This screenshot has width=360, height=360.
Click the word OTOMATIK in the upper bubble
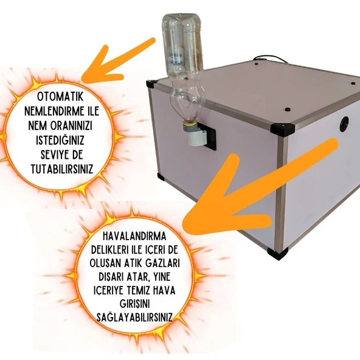pos(60,97)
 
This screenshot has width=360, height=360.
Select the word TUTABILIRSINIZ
pos(62,169)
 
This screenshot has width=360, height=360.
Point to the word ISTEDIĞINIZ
pos(60,140)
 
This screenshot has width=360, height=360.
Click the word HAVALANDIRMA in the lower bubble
pos(134,237)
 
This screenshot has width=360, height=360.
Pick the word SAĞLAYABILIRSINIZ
pos(134,317)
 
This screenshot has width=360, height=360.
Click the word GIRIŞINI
pos(134,304)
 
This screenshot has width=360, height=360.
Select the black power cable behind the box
pos(272,58)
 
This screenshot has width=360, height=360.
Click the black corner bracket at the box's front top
pos(282,129)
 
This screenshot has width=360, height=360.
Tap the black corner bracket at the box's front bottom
pos(278,254)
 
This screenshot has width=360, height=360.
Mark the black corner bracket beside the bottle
pos(151,84)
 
